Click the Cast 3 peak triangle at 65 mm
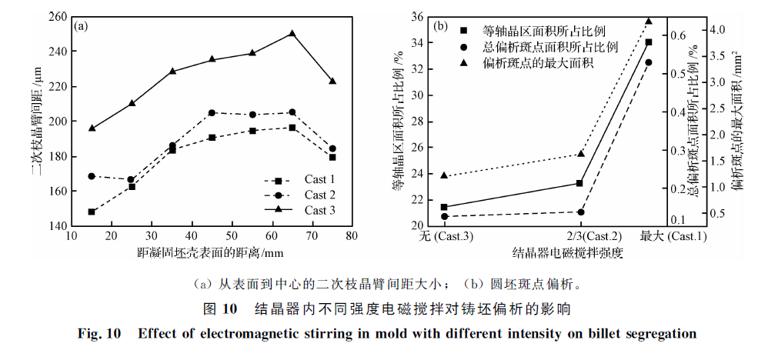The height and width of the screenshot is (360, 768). (292, 34)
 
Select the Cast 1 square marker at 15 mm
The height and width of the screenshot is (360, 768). (92, 212)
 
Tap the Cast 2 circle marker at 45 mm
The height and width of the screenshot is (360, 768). (212, 112)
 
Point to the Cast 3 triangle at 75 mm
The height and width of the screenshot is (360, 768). (332, 81)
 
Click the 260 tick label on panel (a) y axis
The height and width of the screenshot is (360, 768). (56, 16)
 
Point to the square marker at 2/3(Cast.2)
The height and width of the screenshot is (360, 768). (580, 183)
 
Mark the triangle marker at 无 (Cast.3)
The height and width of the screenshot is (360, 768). (444, 175)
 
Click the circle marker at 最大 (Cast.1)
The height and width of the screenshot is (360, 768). (648, 62)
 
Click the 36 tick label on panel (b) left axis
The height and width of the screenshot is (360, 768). (416, 16)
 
